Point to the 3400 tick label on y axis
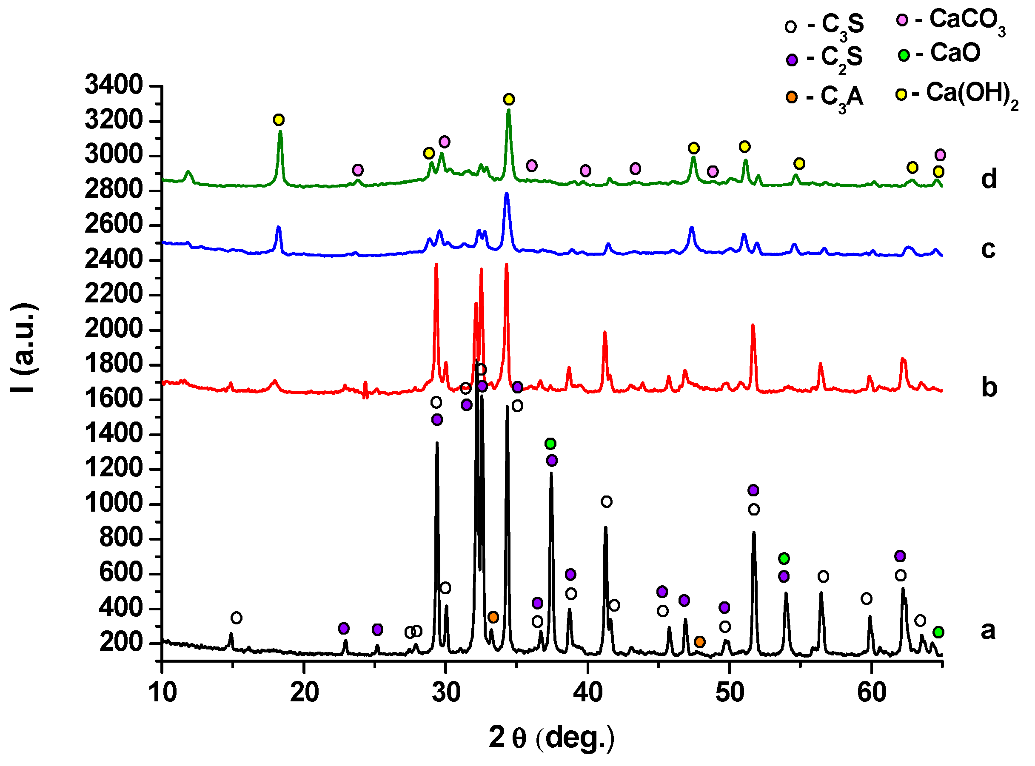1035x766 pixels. pyautogui.click(x=114, y=85)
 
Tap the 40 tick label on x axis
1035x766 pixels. pyautogui.click(x=587, y=693)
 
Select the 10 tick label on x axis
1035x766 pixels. pyautogui.click(x=163, y=693)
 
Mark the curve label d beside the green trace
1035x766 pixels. pyautogui.click(x=988, y=179)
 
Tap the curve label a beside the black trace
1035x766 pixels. pyautogui.click(x=987, y=631)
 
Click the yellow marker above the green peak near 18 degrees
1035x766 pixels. pyautogui.click(x=278, y=120)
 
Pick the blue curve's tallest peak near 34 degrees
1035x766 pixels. pyautogui.click(x=506, y=194)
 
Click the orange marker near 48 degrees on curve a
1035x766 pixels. pyautogui.click(x=700, y=642)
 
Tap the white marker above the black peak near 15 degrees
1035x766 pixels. pyautogui.click(x=237, y=618)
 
